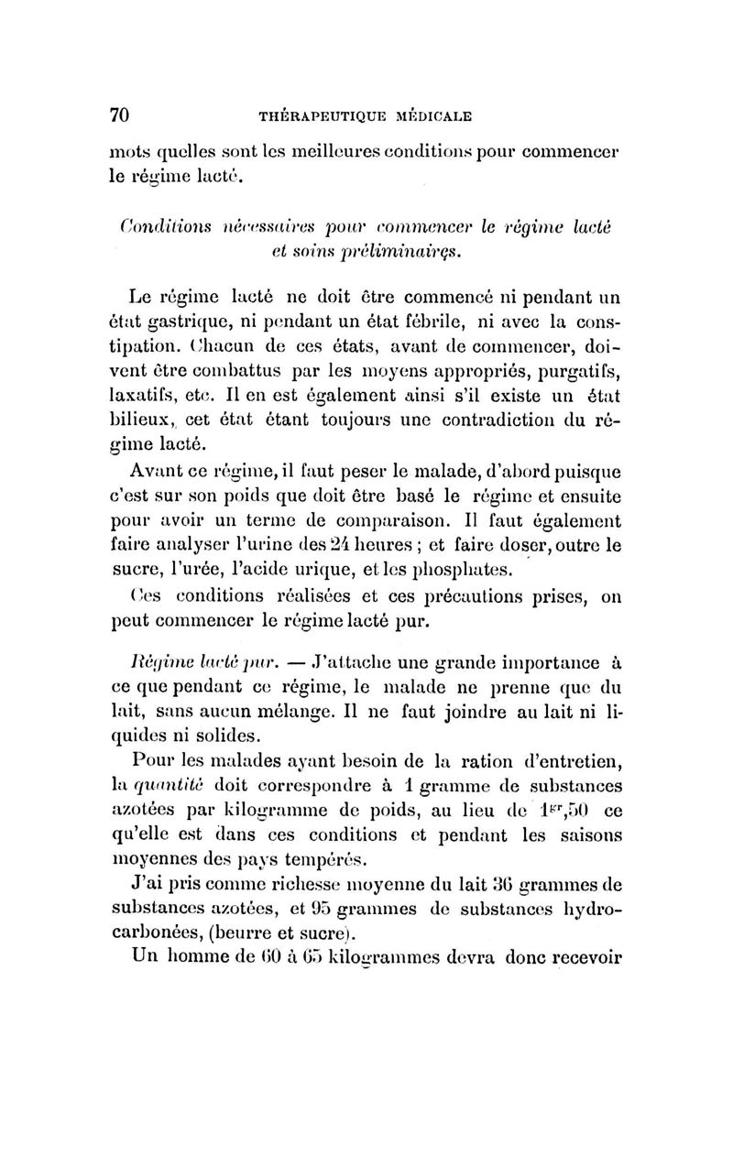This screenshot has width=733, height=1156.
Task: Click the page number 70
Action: tap(118, 115)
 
